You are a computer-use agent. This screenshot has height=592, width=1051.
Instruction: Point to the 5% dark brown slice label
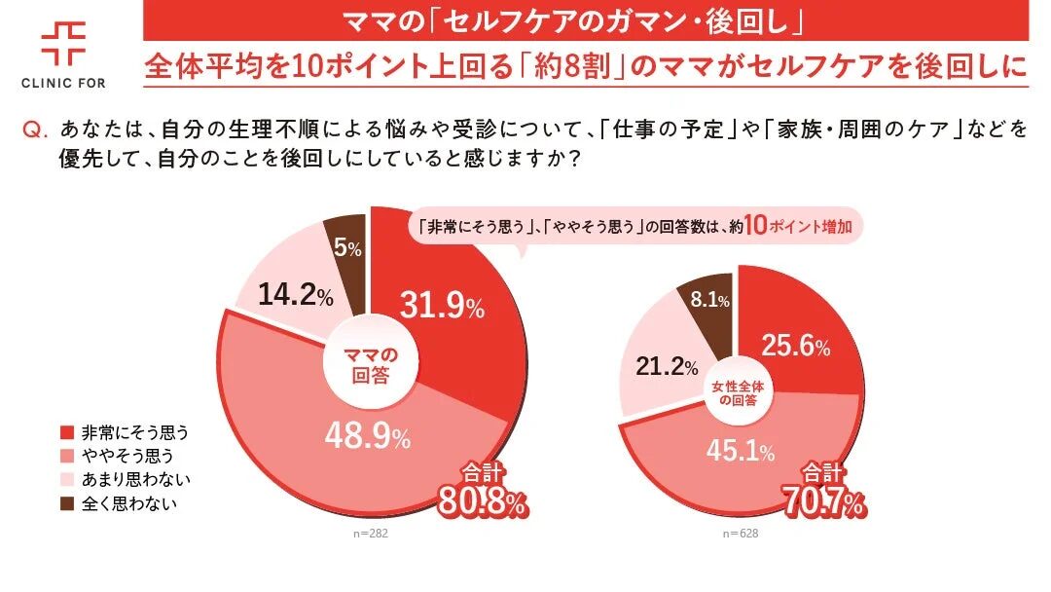click(347, 248)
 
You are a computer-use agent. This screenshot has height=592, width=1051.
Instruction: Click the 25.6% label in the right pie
click(796, 346)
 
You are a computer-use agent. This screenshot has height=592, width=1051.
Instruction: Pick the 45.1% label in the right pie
click(741, 451)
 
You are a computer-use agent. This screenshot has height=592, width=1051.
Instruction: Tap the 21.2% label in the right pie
click(668, 367)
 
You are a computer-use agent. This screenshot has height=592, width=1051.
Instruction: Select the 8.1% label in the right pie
click(709, 301)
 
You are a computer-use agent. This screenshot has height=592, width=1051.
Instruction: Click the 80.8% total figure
click(483, 503)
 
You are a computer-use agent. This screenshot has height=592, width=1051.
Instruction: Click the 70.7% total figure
click(823, 503)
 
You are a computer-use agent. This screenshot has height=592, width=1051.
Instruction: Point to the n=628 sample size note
click(740, 534)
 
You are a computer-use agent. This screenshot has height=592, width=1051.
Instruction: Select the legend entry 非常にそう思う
click(124, 431)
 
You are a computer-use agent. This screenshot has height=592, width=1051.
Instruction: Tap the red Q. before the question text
click(34, 130)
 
